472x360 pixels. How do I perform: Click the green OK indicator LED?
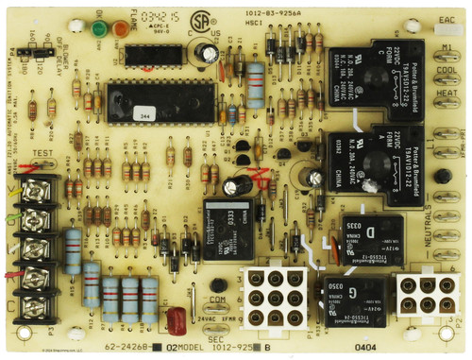pyautogui.click(x=99, y=29)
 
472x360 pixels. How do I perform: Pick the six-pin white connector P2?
pyautogui.click(x=421, y=295)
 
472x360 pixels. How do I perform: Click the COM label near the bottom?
pyautogui.click(x=219, y=300)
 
